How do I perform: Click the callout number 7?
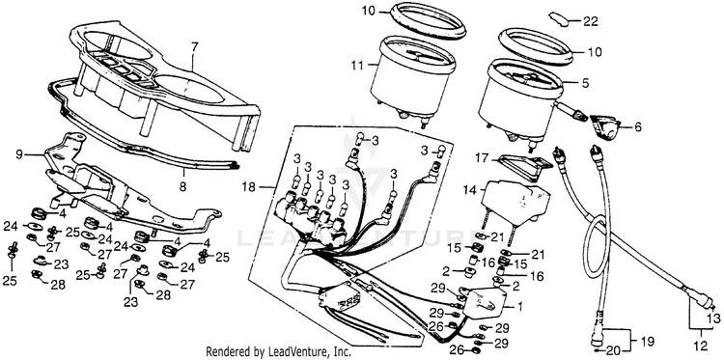pyautogui.click(x=194, y=47)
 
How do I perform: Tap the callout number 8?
pyautogui.click(x=182, y=187)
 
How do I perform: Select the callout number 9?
pyautogui.click(x=19, y=154)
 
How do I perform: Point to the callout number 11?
pyautogui.click(x=358, y=65)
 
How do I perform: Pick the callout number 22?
pyautogui.click(x=590, y=21)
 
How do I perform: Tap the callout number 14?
pyautogui.click(x=469, y=189)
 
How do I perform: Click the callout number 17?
pyautogui.click(x=481, y=159)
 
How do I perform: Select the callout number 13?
pyautogui.click(x=713, y=318)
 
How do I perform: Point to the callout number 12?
pyautogui.click(x=701, y=345)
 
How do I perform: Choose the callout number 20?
pyautogui.click(x=614, y=349)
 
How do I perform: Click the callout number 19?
pyautogui.click(x=648, y=342)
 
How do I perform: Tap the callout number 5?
pyautogui.click(x=586, y=84)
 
